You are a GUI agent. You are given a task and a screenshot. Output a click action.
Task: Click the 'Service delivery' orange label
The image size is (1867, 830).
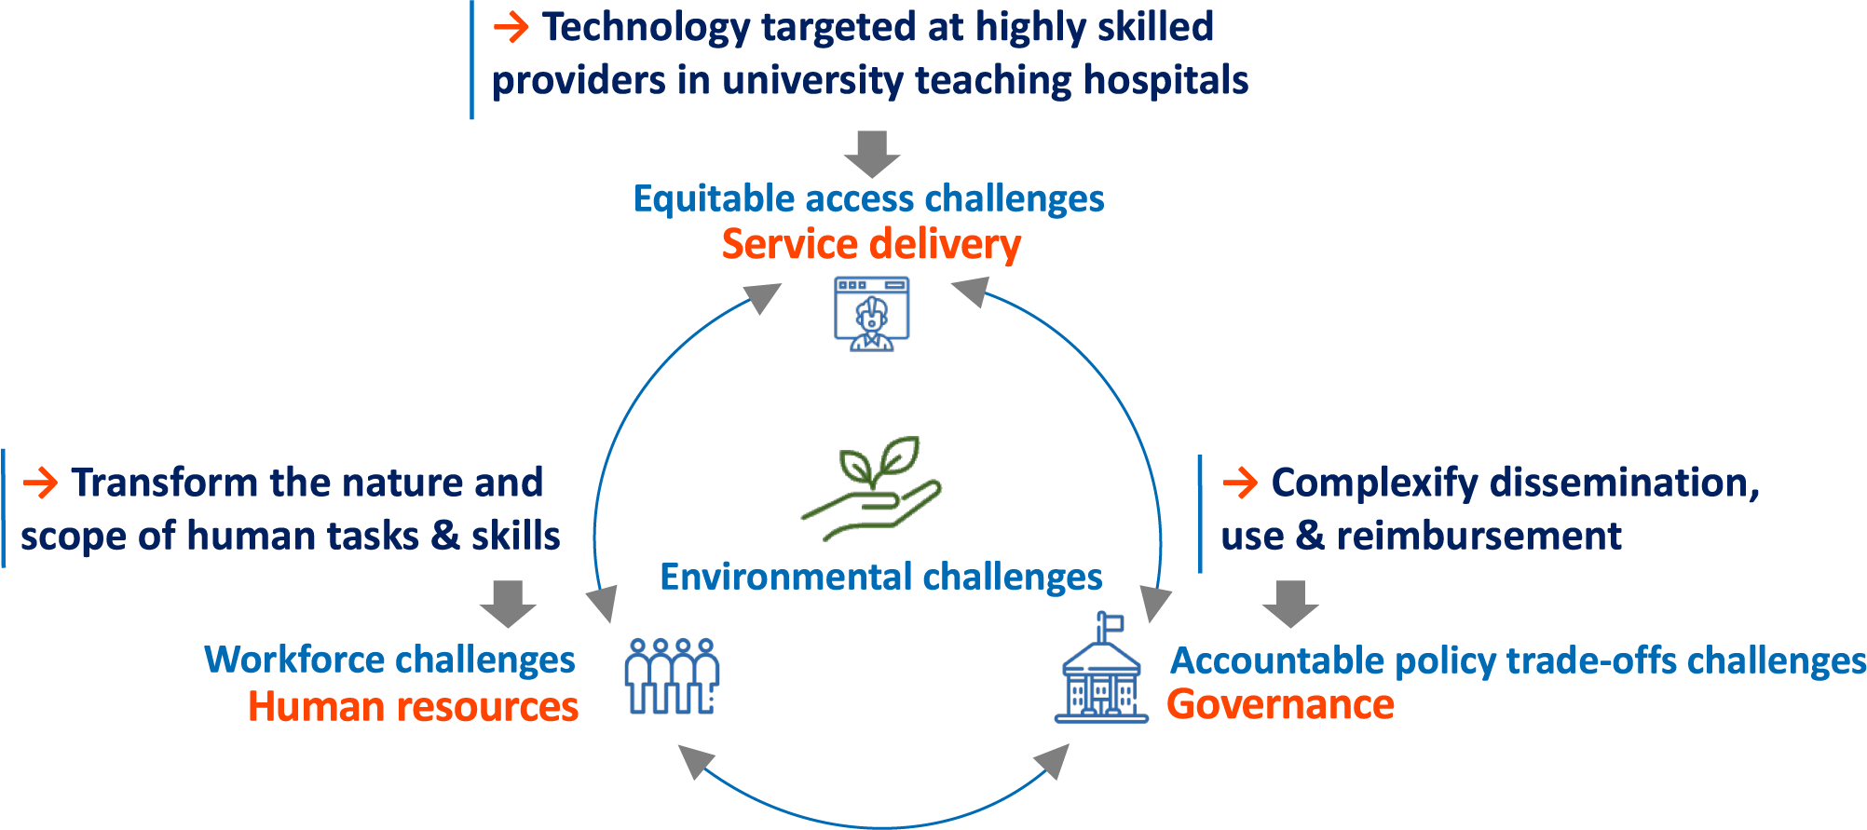click(871, 244)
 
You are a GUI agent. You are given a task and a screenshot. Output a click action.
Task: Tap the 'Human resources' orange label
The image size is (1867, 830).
click(413, 706)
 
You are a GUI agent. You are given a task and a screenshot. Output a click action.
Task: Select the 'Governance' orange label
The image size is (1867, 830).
click(1280, 704)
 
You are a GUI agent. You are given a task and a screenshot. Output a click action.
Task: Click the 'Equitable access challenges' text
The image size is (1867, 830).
click(868, 199)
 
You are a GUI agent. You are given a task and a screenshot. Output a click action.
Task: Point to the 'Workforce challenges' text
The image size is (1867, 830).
click(389, 660)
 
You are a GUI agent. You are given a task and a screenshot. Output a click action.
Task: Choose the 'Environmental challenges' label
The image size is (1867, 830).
click(881, 577)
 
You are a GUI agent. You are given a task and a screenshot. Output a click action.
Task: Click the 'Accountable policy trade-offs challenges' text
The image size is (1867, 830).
click(1518, 660)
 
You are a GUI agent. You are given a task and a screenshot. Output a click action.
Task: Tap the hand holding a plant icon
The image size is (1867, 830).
click(871, 488)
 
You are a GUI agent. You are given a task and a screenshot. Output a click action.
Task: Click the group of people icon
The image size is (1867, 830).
click(672, 676)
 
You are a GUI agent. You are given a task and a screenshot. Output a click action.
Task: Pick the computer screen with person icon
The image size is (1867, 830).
click(872, 314)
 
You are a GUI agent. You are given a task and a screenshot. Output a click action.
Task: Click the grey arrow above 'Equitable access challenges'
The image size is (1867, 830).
click(872, 154)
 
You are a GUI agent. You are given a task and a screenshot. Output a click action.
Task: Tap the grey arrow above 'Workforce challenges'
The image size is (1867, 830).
click(508, 604)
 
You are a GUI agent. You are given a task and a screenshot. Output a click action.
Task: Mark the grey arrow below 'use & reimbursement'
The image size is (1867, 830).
click(1290, 604)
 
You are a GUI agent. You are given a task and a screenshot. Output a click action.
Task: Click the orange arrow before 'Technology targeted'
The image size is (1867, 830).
click(511, 27)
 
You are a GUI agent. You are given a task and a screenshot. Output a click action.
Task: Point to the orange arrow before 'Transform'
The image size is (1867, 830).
click(40, 483)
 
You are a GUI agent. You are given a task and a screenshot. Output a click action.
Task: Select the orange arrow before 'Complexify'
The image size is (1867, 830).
click(1240, 483)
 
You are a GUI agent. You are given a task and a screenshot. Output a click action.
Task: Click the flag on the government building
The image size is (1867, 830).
click(1111, 621)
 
